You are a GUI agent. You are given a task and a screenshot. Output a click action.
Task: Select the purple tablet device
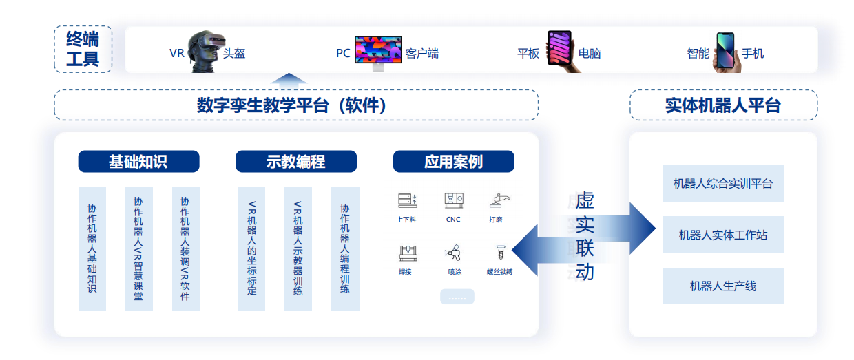tap(560, 48)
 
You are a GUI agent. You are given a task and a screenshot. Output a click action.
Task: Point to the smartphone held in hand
tap(725, 51)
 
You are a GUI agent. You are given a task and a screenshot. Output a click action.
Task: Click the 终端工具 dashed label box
tap(83, 49)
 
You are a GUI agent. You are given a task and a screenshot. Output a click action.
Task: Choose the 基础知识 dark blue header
tap(139, 162)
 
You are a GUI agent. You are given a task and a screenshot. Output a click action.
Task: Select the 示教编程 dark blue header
tap(296, 162)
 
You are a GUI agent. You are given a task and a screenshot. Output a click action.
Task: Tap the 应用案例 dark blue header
tap(454, 162)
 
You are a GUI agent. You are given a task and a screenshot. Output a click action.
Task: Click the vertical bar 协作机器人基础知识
tap(92, 248)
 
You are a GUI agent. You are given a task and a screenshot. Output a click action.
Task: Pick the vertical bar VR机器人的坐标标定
tap(251, 248)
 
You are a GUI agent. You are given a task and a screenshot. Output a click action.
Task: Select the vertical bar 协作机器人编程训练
tap(345, 248)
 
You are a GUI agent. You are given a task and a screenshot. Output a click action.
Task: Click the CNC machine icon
tap(454, 200)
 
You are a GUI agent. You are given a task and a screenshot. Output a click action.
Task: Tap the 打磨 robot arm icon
tap(499, 200)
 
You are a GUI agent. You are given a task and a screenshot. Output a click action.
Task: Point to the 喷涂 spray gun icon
tap(453, 253)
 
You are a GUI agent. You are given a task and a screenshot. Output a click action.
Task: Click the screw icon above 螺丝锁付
tap(501, 252)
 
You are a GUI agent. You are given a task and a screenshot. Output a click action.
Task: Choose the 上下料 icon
tap(408, 200)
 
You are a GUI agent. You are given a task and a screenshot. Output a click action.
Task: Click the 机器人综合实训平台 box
tap(723, 183)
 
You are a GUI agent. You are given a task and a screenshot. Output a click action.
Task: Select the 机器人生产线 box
tap(723, 286)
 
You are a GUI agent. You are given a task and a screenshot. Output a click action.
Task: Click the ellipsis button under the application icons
tap(457, 297)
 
